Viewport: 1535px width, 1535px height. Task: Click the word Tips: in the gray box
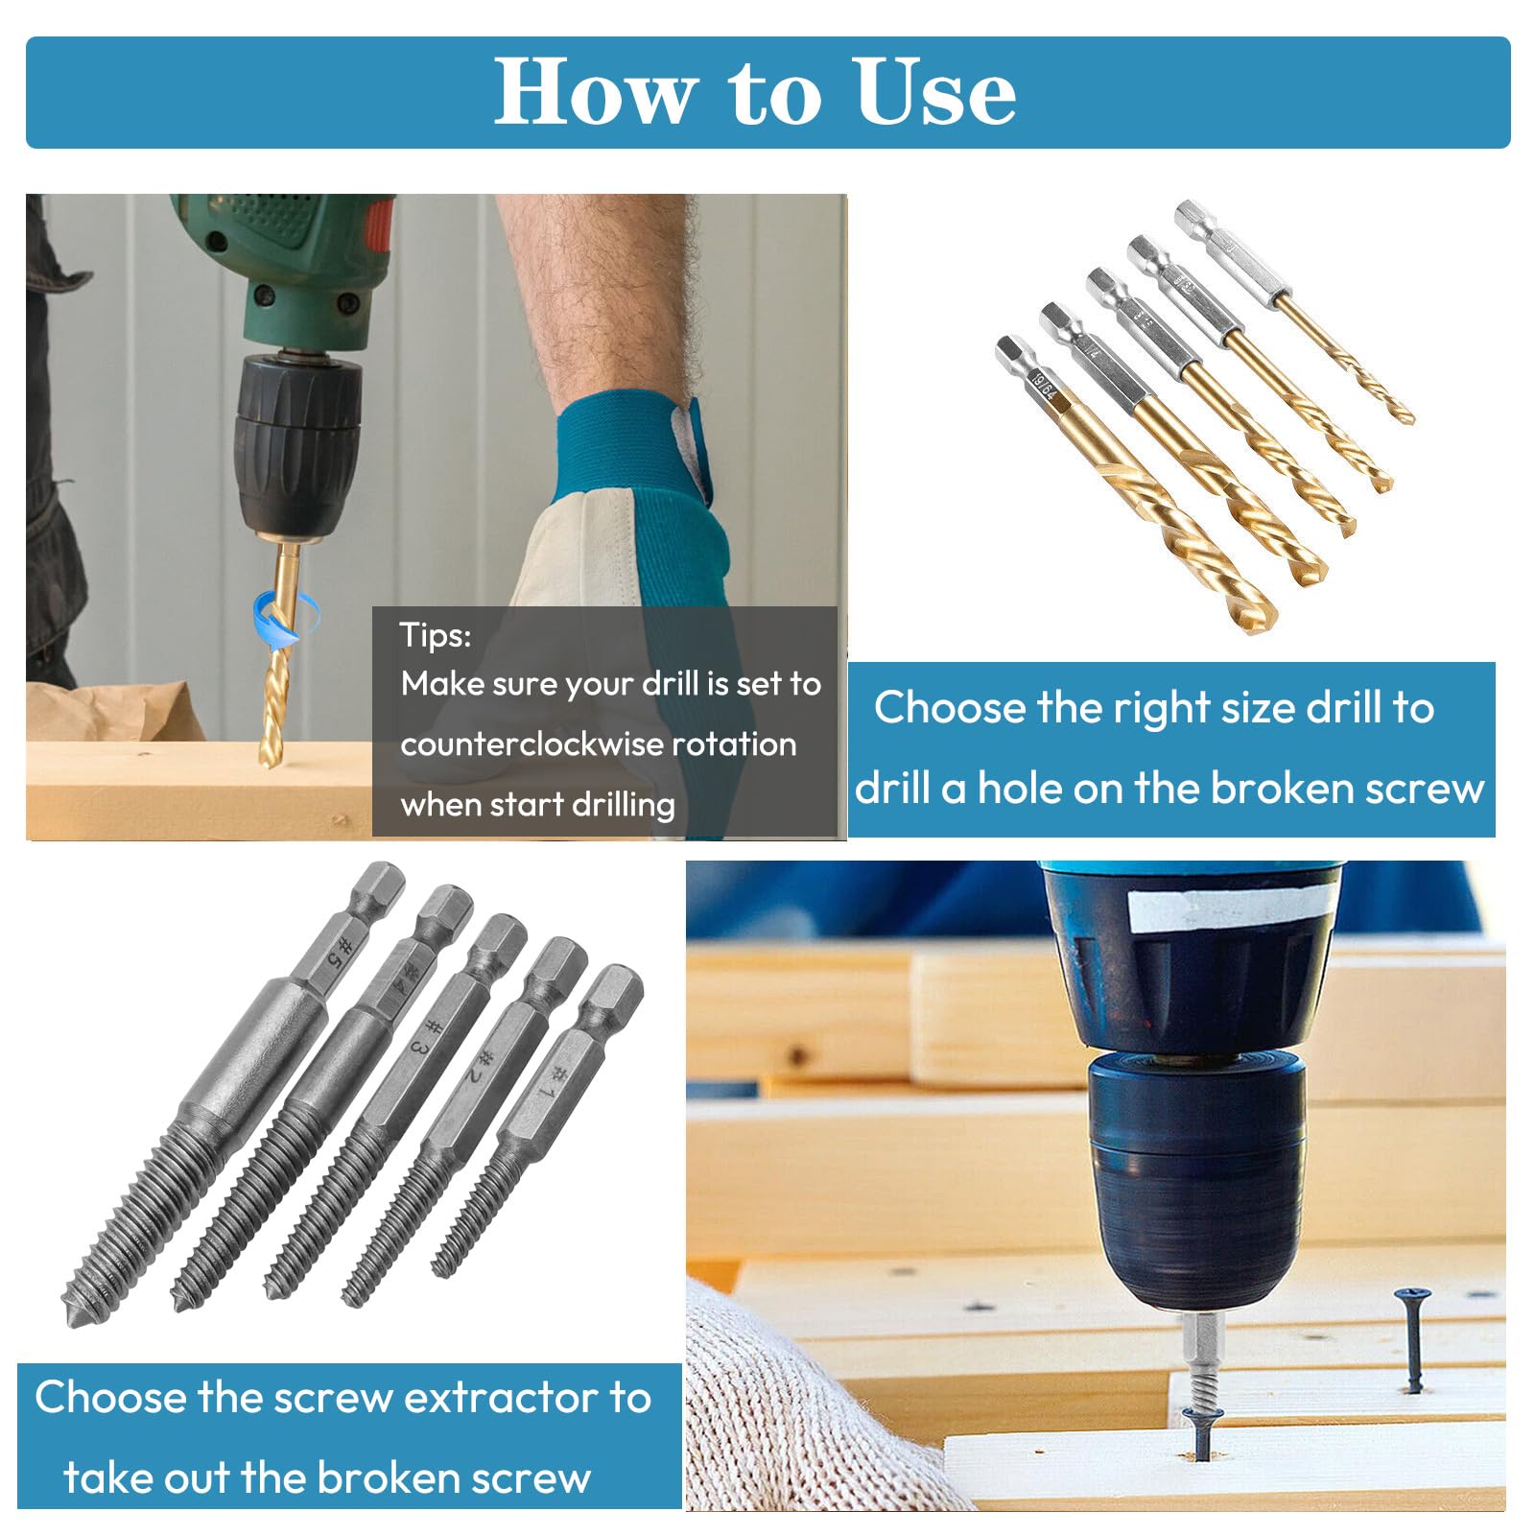436,635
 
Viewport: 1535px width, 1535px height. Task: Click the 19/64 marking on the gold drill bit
1043,386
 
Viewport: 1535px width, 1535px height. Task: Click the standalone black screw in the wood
1412,1338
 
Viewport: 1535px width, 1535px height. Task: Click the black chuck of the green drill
298,441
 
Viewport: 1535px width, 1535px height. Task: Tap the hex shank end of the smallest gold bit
1193,213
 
